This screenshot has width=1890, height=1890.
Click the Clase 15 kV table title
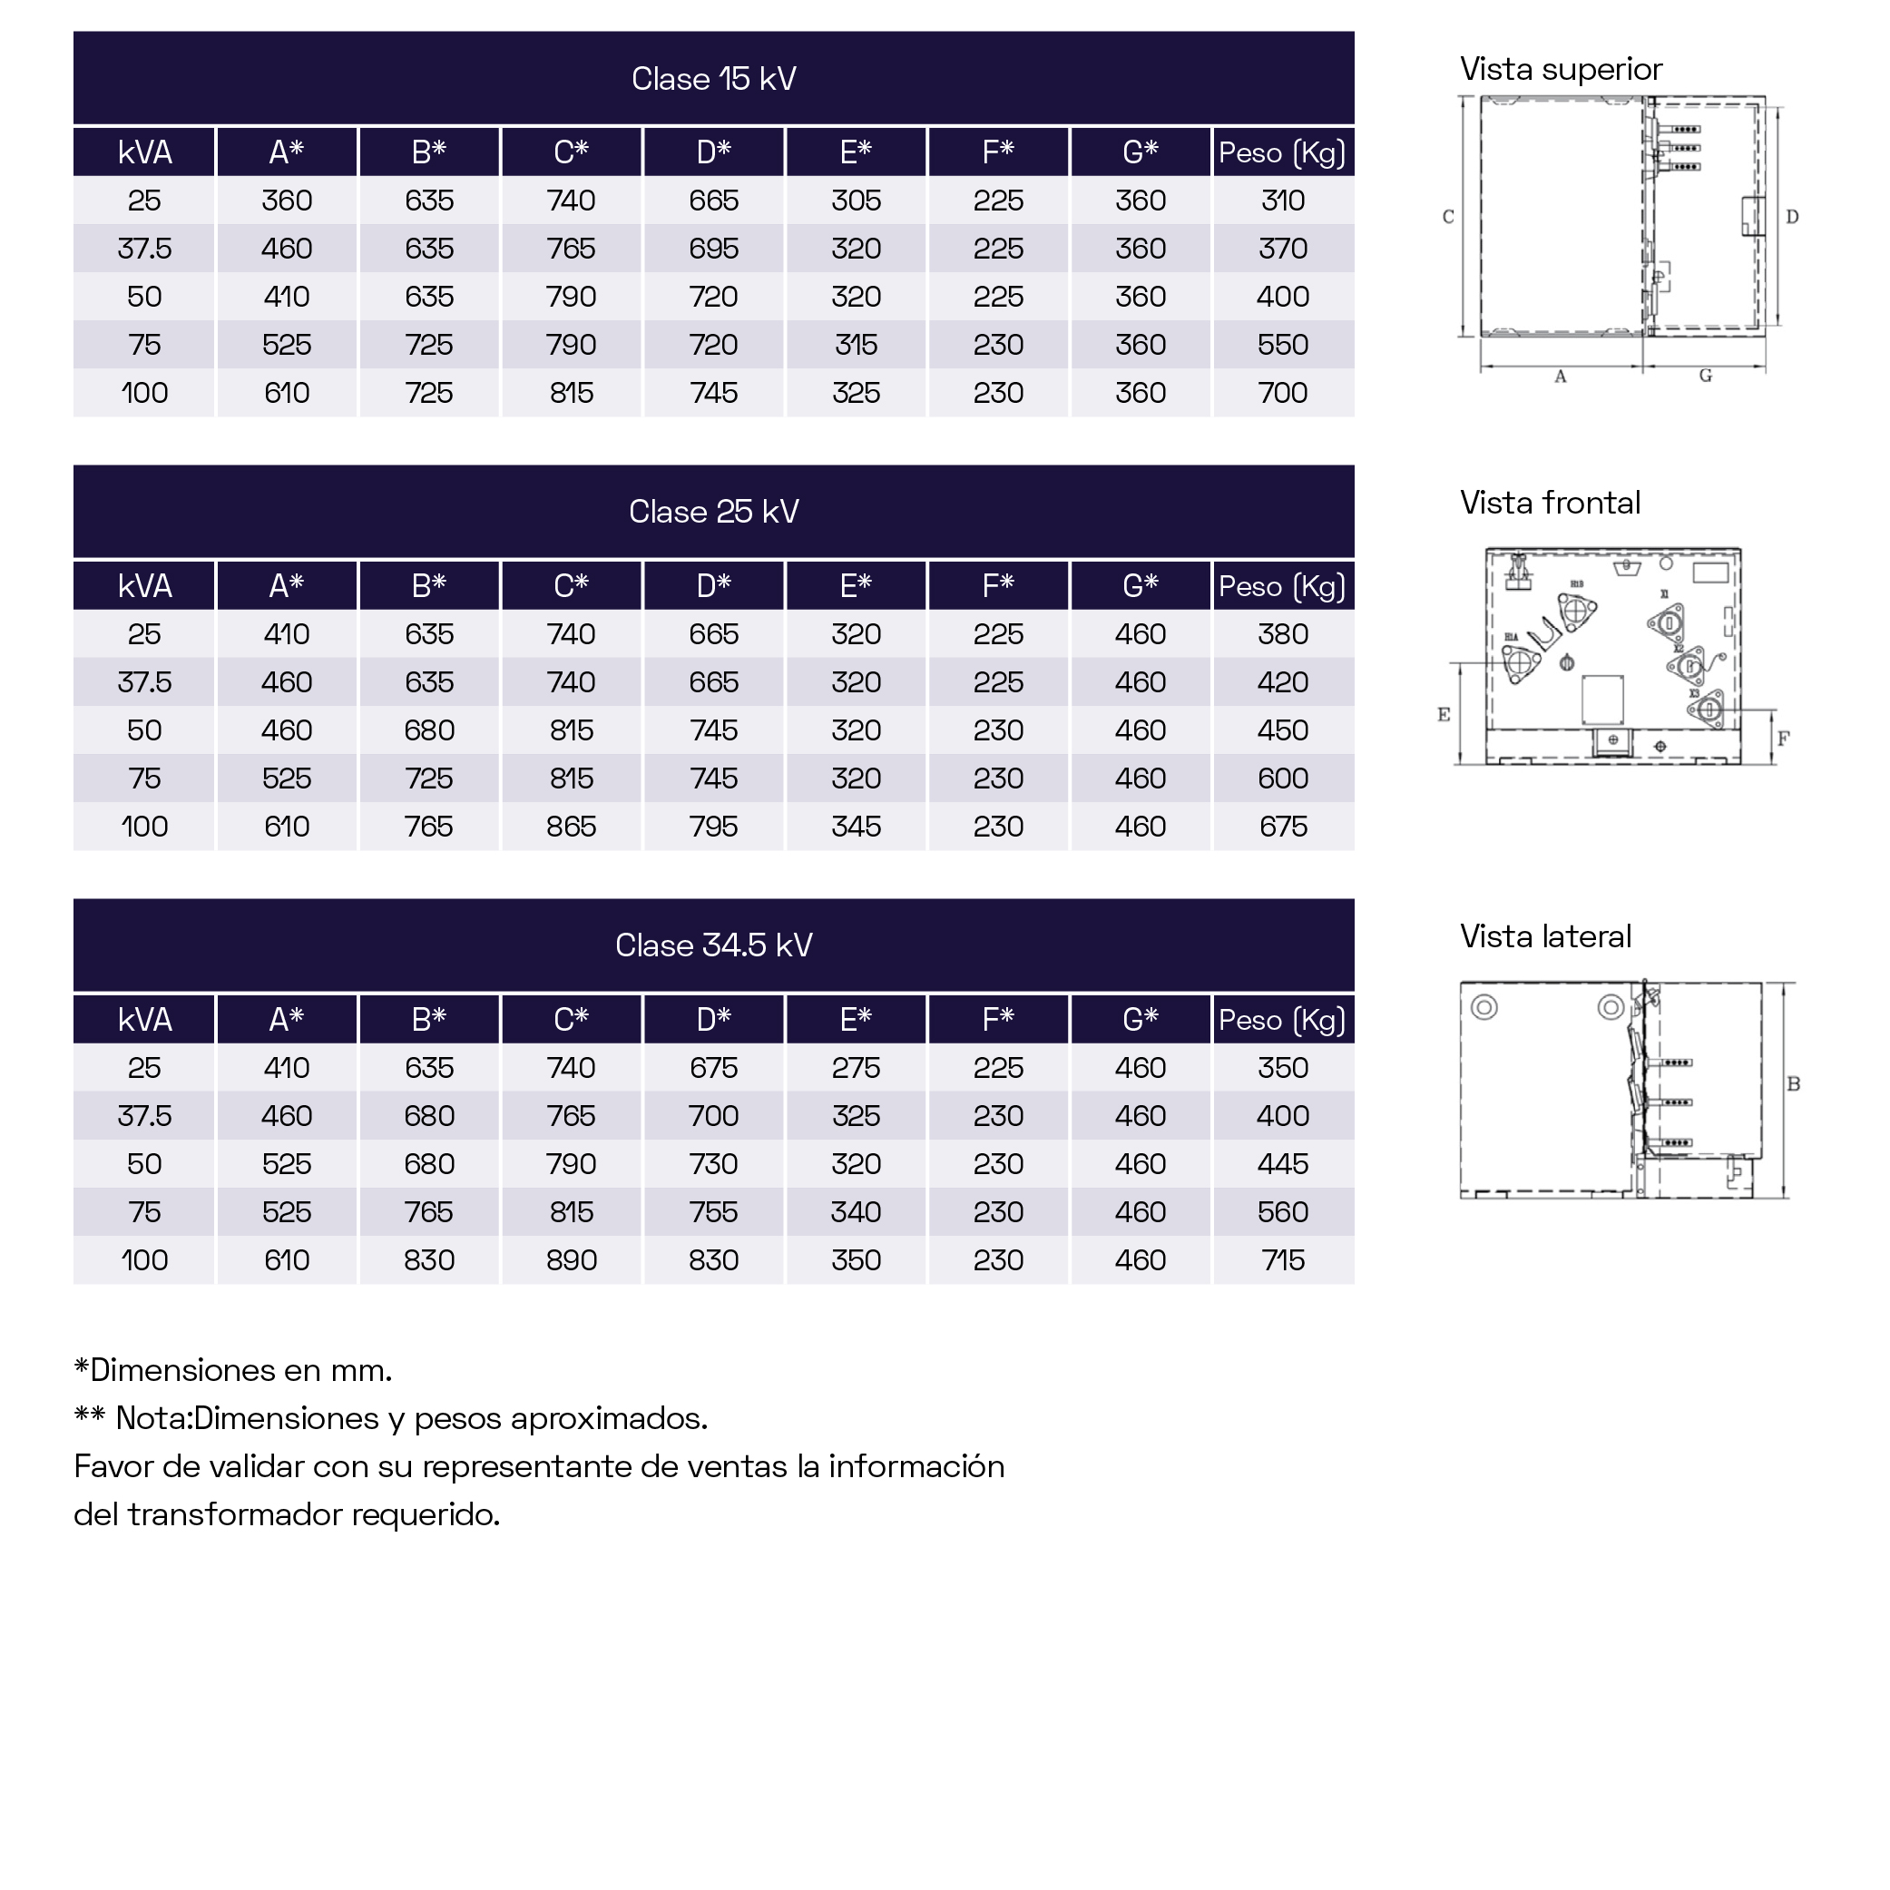pyautogui.click(x=713, y=78)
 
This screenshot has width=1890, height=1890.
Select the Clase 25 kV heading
pyautogui.click(x=713, y=512)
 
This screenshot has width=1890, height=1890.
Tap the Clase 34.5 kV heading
pyautogui.click(x=713, y=945)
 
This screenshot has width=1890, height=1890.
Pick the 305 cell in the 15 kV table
pyautogui.click(x=856, y=201)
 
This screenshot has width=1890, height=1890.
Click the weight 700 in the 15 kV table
pyautogui.click(x=1282, y=393)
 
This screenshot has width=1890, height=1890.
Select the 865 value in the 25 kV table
pyautogui.click(x=572, y=827)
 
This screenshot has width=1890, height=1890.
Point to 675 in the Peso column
pyautogui.click(x=1282, y=827)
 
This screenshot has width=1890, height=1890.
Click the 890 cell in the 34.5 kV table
pyautogui.click(x=572, y=1260)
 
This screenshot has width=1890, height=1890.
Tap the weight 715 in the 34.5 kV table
pyautogui.click(x=1282, y=1260)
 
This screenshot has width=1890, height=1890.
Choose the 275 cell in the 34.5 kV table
pyautogui.click(x=856, y=1067)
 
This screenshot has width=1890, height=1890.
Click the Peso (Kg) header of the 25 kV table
pyautogui.click(x=1281, y=586)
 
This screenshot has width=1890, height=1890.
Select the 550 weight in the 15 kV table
pyautogui.click(x=1282, y=346)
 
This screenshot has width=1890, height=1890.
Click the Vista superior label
pyautogui.click(x=1561, y=70)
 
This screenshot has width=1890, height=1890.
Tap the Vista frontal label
pyautogui.click(x=1550, y=503)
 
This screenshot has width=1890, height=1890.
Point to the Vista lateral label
pyautogui.click(x=1545, y=936)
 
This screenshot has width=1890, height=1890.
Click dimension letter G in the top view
pyautogui.click(x=1705, y=376)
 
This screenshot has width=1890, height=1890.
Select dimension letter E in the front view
pyautogui.click(x=1444, y=714)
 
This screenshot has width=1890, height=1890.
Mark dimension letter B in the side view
pyautogui.click(x=1793, y=1084)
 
